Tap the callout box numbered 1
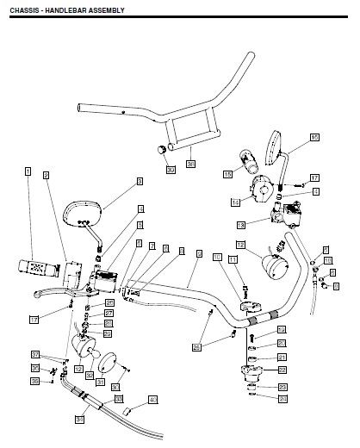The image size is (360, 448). point(28,171)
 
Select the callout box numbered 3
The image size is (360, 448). point(139,182)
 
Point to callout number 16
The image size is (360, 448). point(313,138)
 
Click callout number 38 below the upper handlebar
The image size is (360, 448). point(190,162)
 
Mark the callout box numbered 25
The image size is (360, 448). point(197,347)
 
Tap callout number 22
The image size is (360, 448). point(282,370)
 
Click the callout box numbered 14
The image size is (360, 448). point(234,202)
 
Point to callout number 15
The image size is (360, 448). point(227,174)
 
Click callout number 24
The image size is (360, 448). point(282,399)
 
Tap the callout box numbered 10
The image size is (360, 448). point(216,258)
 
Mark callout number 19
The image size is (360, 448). point(282,330)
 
